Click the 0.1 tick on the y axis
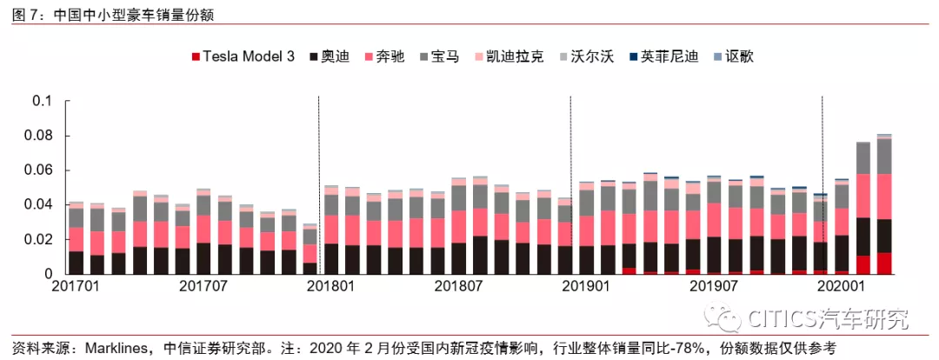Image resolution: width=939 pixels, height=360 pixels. tap(43, 101)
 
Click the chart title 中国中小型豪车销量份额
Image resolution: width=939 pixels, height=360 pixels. tap(134, 15)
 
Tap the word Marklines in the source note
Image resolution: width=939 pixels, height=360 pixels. tap(100, 348)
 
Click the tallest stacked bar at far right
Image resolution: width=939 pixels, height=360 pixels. tap(883, 204)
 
